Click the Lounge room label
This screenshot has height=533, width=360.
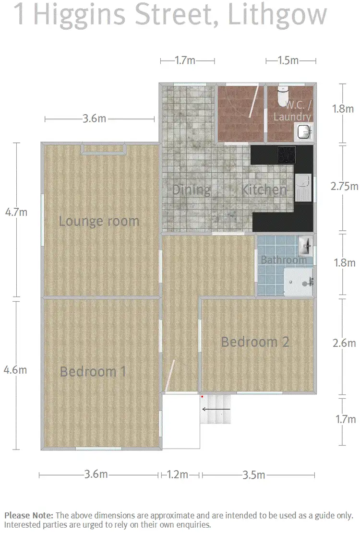pyautogui.click(x=99, y=221)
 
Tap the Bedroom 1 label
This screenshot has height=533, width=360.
pyautogui.click(x=93, y=371)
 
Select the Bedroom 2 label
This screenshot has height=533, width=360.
pyautogui.click(x=255, y=342)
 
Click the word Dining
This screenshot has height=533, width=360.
pyautogui.click(x=191, y=190)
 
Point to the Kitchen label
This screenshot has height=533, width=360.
pyautogui.click(x=264, y=190)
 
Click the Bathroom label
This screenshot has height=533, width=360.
pyautogui.click(x=283, y=260)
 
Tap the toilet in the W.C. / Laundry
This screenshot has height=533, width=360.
pyautogui.click(x=283, y=96)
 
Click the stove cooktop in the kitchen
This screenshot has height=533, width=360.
pyautogui.click(x=287, y=155)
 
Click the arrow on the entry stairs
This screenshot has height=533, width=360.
pyautogui.click(x=216, y=409)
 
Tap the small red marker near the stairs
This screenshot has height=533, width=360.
pyautogui.click(x=203, y=397)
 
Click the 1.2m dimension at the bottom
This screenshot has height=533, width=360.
pyautogui.click(x=178, y=475)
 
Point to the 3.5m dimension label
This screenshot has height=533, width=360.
pyautogui.click(x=254, y=475)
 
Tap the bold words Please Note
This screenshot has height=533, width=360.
pyautogui.click(x=29, y=516)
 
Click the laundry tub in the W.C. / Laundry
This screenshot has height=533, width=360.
pyautogui.click(x=303, y=130)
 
